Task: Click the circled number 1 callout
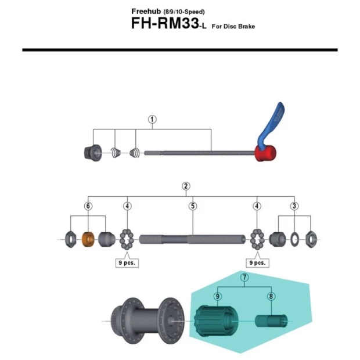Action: point(152,120)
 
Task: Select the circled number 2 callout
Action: point(186,186)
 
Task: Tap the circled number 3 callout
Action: point(294,206)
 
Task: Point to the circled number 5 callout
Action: point(193,206)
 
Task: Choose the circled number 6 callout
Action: point(88,206)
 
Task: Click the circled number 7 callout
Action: point(244,278)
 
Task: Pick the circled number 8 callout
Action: point(271,296)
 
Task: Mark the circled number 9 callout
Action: point(218,296)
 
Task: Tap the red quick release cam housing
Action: point(265,153)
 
